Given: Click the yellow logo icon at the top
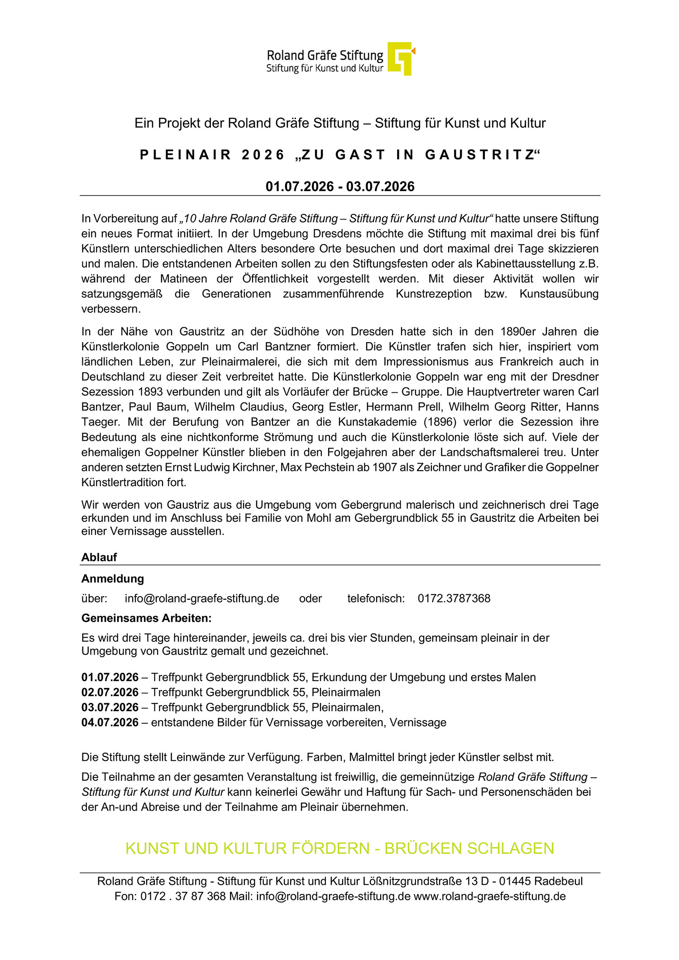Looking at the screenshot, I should pos(401,58).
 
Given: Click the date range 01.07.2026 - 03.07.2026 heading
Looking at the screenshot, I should pos(340,186).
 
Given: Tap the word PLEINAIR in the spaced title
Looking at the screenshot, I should pos(186,155).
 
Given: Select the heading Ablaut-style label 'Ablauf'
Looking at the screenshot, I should pos(99,557).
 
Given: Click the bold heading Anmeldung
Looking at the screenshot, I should pos(113,578).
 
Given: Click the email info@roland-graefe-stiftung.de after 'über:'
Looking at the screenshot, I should pos(202,598).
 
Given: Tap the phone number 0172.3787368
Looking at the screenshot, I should pos(454,598).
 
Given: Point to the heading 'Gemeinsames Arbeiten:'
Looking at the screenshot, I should pos(146,618).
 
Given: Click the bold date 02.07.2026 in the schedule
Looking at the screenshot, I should pos(110,692).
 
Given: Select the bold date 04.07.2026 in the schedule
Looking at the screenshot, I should pos(110,722).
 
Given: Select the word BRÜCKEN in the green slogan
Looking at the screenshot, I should pos(423,848).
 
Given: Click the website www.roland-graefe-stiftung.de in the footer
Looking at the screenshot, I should pos(490,896).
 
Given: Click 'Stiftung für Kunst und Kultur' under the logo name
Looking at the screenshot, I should pos(325,69).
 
